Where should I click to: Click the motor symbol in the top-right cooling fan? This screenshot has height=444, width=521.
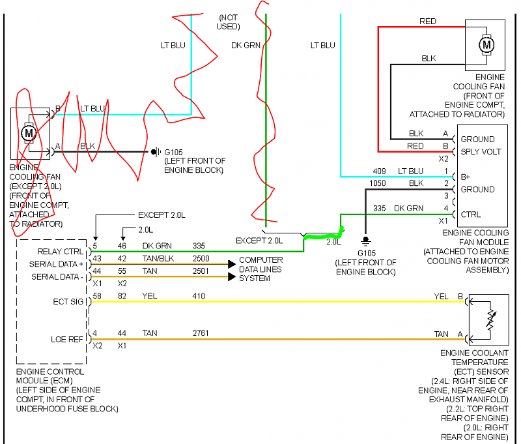click(x=486, y=45)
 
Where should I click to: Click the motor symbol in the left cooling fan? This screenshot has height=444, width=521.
click(x=28, y=133)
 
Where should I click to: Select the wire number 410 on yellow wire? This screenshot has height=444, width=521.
click(x=199, y=296)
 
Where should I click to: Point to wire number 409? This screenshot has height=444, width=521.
click(x=380, y=171)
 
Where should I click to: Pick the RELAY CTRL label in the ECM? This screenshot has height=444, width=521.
click(x=61, y=250)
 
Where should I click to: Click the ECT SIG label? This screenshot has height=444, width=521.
click(x=68, y=301)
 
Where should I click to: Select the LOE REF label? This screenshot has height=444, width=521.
click(x=67, y=338)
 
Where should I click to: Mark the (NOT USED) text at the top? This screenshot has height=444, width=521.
click(x=229, y=22)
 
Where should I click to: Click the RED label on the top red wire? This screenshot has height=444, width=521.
click(x=428, y=22)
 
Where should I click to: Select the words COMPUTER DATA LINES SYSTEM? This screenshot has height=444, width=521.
click(x=260, y=269)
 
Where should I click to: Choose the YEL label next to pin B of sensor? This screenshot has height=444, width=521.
click(x=441, y=296)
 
